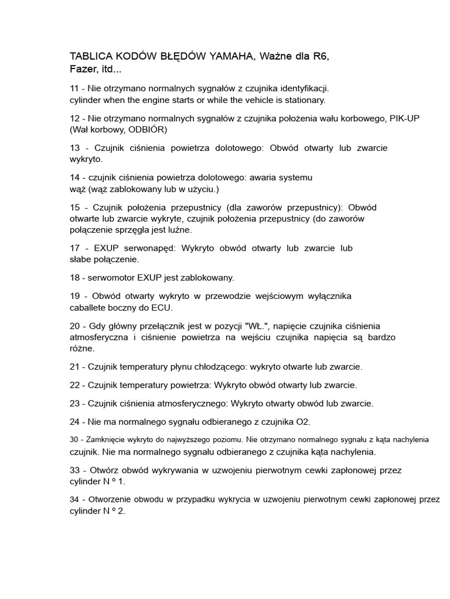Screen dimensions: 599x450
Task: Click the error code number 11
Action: point(74,88)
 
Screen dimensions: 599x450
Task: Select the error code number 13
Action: point(75,148)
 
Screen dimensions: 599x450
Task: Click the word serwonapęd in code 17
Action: point(149,248)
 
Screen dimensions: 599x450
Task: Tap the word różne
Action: point(81,348)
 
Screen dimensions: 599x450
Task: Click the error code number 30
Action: point(74,439)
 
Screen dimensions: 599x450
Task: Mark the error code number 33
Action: point(75,470)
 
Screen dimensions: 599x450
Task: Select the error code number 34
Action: point(74,499)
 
